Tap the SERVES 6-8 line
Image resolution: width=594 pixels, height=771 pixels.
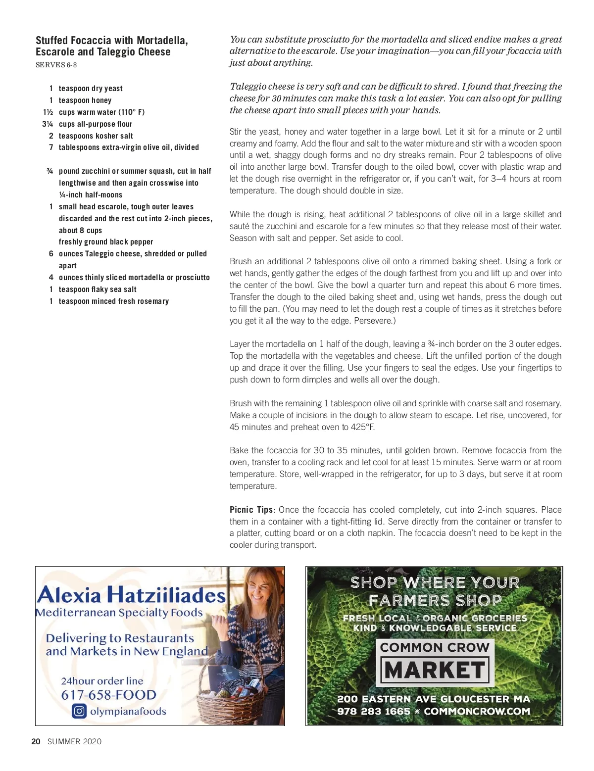(x=56, y=65)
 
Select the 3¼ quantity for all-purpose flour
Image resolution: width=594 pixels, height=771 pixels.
(x=48, y=124)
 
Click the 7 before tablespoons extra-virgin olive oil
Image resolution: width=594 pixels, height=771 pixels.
(x=51, y=147)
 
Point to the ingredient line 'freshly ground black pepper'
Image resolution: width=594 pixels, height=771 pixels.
(x=106, y=242)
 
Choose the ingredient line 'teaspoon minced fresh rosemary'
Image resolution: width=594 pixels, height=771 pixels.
(x=114, y=301)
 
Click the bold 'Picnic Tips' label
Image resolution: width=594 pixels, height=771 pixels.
(x=251, y=510)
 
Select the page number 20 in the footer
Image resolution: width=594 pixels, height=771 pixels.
(x=36, y=741)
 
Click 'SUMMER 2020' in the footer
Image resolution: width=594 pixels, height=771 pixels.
(x=74, y=741)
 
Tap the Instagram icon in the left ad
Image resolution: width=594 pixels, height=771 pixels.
(x=79, y=711)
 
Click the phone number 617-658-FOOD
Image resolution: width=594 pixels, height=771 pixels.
(x=108, y=695)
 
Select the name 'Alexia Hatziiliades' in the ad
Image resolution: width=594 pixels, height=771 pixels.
(x=131, y=594)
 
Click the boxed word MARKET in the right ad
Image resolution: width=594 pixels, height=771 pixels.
(x=435, y=671)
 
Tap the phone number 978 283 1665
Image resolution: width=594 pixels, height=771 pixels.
(x=373, y=712)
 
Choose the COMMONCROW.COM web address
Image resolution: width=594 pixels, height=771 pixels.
(x=477, y=712)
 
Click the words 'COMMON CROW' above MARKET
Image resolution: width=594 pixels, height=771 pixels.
(x=435, y=647)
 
